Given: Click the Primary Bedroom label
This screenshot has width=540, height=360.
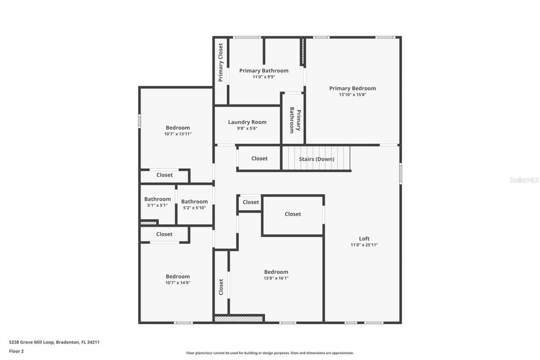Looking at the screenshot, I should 352,88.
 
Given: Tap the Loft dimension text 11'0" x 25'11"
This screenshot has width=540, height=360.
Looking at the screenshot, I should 364,245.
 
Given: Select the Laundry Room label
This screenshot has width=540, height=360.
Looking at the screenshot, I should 247,122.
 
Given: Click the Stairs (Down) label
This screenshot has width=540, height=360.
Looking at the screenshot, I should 316,159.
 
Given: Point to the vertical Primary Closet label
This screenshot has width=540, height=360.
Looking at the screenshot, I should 220,62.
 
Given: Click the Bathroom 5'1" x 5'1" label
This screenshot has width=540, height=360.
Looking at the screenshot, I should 157,199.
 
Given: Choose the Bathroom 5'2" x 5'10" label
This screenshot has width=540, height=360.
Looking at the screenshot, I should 194,202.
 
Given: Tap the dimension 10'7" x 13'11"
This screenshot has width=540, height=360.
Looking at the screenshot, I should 178,134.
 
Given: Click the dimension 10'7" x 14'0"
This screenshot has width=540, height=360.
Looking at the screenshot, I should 178,283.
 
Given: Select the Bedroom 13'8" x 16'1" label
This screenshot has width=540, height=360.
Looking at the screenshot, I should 276,272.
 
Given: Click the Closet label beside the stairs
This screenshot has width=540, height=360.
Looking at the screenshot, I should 259,158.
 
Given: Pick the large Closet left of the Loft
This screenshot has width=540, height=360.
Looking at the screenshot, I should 293,214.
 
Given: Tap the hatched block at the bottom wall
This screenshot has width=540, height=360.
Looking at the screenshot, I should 238,319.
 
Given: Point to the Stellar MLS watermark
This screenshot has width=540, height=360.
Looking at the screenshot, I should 524,180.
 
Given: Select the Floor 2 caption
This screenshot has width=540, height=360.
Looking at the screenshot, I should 16,351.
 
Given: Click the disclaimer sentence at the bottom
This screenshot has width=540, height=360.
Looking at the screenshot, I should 270,353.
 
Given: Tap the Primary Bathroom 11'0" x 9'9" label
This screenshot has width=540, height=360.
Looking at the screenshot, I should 264,70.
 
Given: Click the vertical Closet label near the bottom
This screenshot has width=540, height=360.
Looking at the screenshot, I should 221,287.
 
